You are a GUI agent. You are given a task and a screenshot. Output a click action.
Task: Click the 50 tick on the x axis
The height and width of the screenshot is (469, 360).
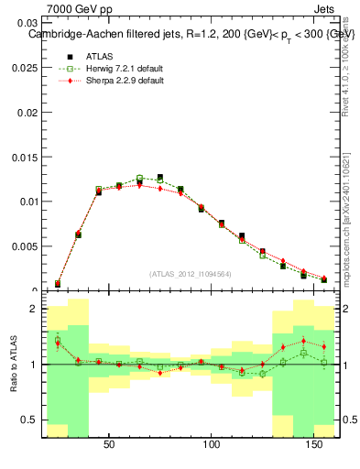[x=109, y=444]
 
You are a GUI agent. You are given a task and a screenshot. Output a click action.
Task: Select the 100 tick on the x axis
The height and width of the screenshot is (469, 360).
[x=213, y=444]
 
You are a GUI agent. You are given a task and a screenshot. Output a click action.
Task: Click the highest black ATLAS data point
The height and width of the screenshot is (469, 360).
[x=159, y=178]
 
